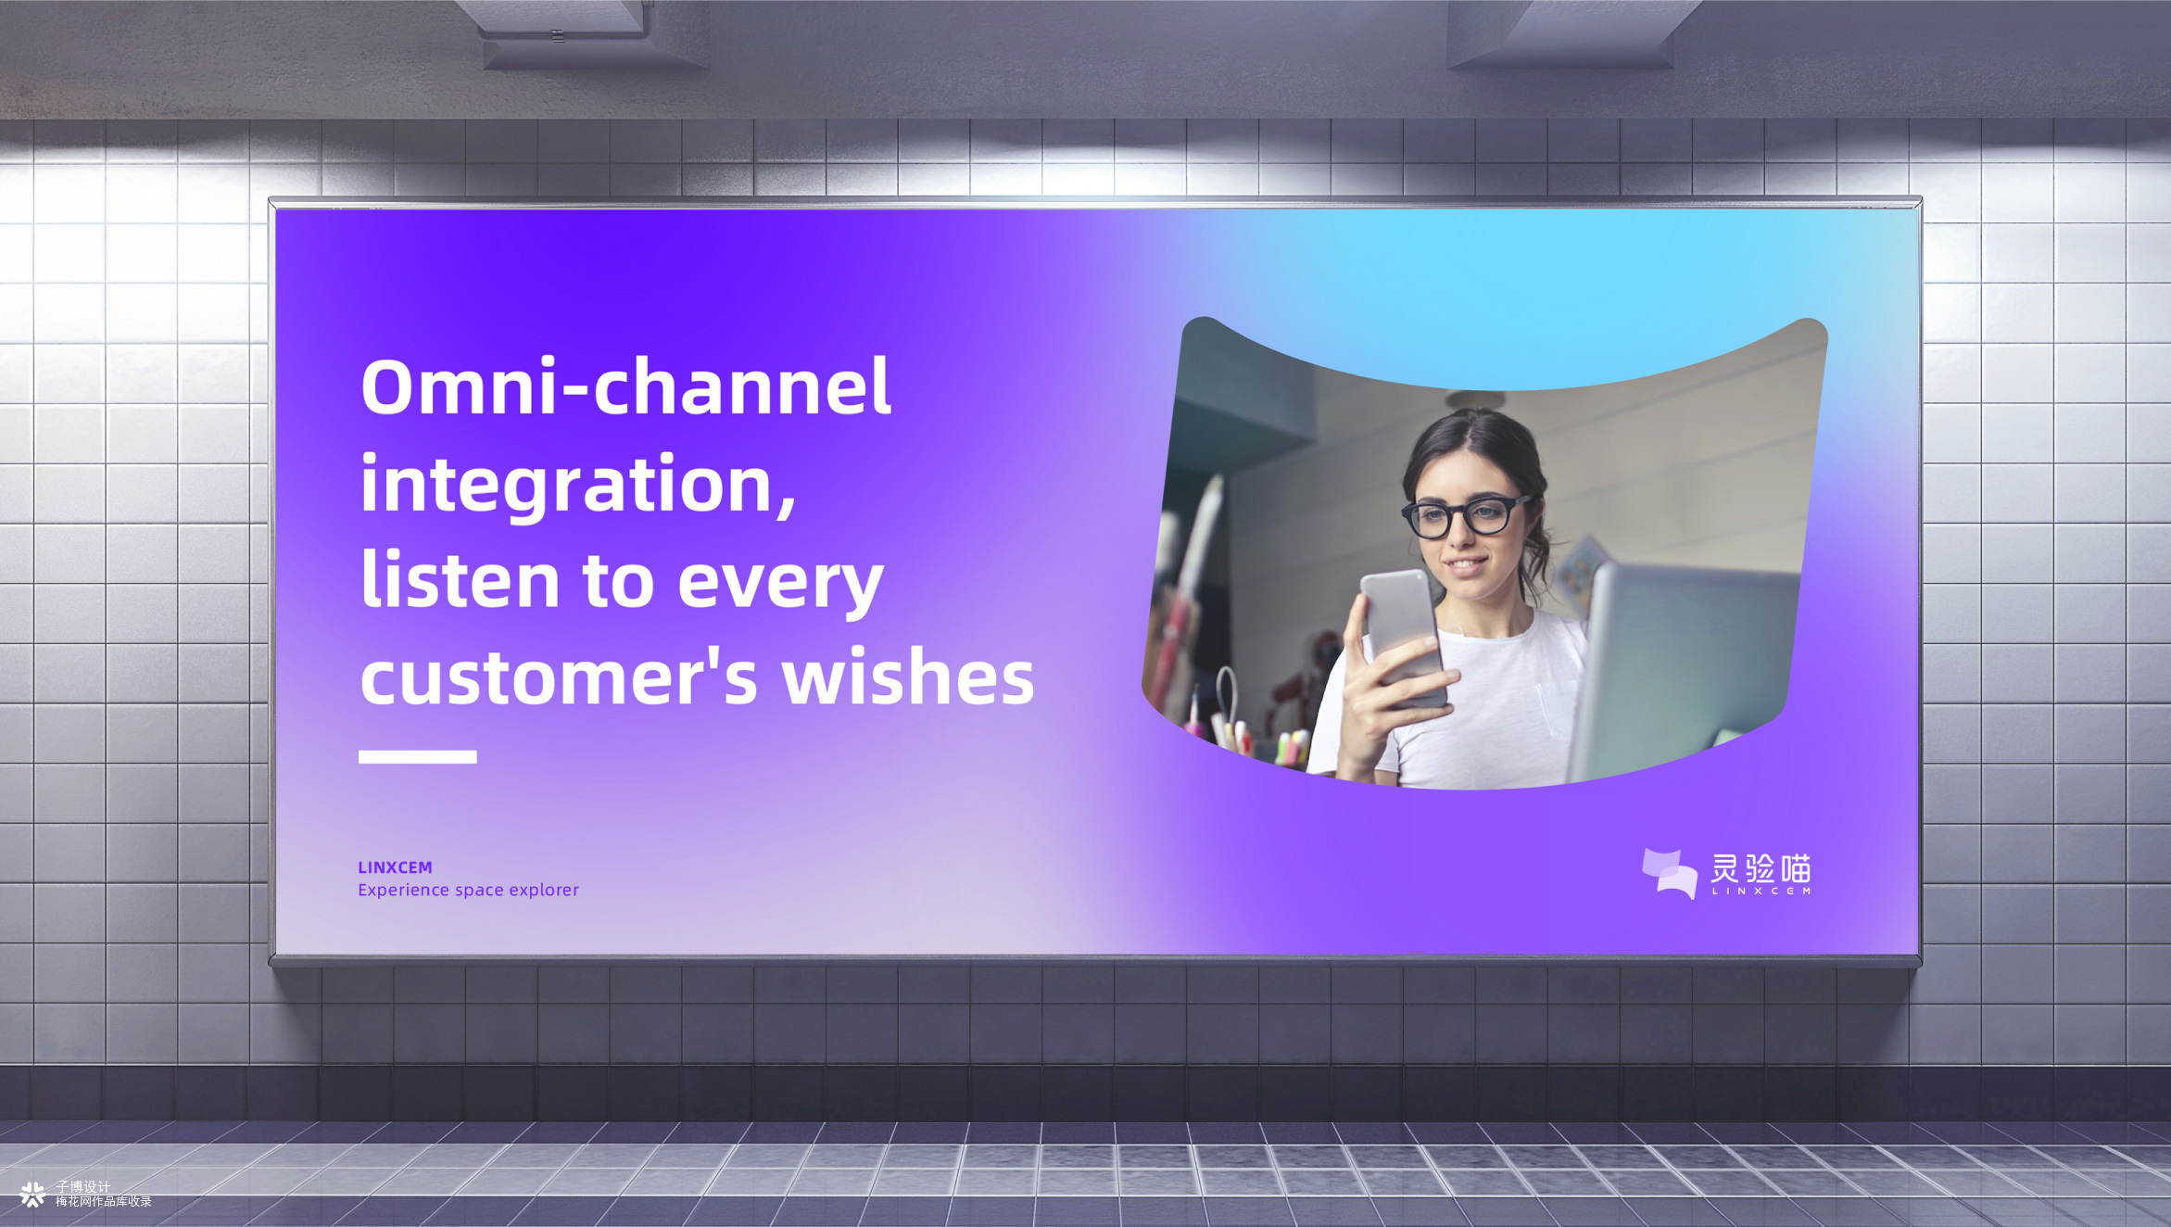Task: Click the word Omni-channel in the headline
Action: [626, 386]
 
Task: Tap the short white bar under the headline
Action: [418, 756]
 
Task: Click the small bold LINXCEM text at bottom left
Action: [395, 867]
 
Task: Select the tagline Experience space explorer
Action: [468, 890]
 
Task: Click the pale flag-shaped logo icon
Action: [1670, 874]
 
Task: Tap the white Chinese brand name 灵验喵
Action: [1761, 868]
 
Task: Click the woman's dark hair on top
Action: [1473, 445]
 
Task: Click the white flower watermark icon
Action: [32, 1195]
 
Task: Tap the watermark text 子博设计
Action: [82, 1186]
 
